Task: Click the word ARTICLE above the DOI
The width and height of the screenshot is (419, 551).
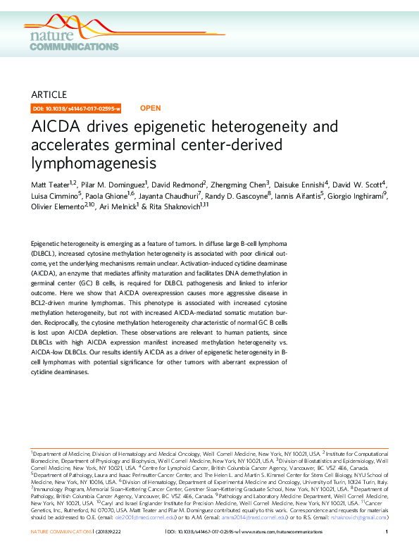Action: [49, 94]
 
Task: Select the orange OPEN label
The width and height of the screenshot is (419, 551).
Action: [151, 109]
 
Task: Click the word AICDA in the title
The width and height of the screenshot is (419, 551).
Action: [59, 128]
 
